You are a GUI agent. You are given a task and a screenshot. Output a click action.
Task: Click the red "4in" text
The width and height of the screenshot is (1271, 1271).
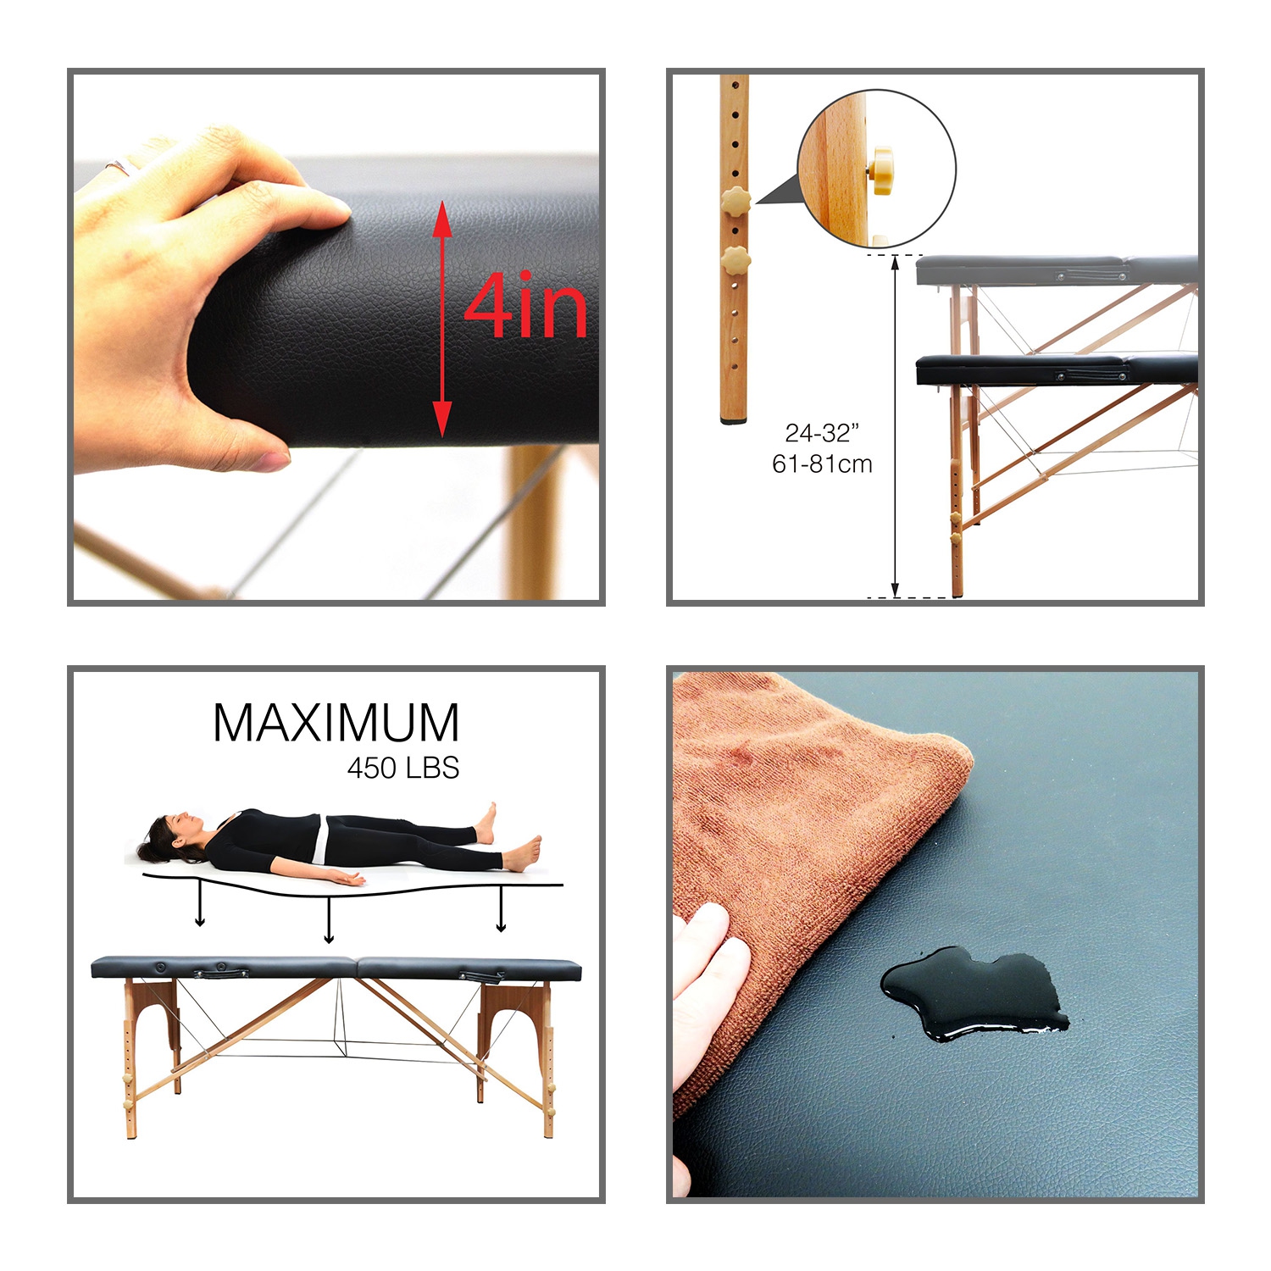click(525, 307)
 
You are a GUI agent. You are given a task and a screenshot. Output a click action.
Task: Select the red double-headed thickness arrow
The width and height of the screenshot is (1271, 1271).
click(441, 319)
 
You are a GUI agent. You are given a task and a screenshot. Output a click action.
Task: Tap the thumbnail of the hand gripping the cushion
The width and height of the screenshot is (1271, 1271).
click(336, 336)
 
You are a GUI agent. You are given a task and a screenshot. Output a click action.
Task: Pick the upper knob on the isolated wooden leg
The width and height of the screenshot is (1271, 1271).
click(735, 202)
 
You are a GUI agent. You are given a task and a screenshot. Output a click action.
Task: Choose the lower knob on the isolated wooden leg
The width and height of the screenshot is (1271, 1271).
click(735, 260)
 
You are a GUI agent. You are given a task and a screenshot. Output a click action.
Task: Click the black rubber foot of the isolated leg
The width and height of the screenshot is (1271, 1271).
click(734, 419)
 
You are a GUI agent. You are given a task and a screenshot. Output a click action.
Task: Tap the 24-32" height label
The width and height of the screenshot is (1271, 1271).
click(821, 433)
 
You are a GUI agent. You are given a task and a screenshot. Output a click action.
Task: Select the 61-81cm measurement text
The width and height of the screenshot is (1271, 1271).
click(821, 464)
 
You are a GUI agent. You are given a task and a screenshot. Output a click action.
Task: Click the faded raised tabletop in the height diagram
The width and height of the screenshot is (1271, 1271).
click(1057, 269)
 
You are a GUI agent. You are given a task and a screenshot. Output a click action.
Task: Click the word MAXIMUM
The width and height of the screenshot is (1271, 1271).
click(336, 723)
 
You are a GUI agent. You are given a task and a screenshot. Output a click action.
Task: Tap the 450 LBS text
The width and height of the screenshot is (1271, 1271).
click(403, 769)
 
